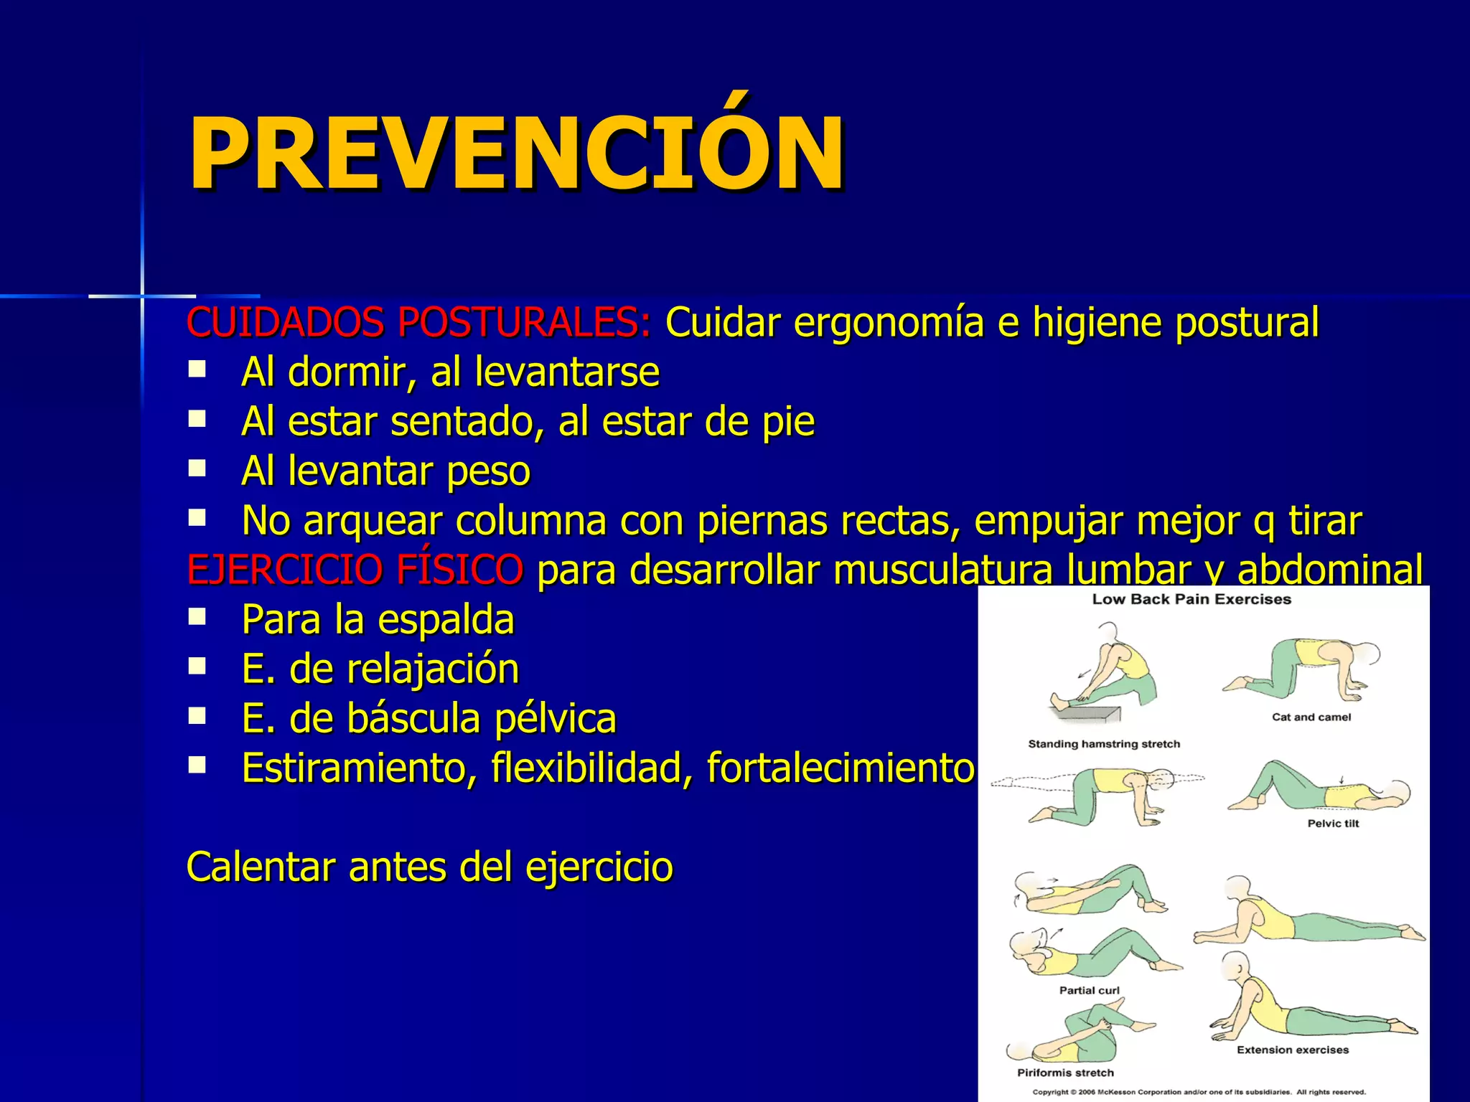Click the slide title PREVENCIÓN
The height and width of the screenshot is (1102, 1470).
[x=515, y=154]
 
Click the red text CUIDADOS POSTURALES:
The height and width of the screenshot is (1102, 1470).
[x=418, y=322]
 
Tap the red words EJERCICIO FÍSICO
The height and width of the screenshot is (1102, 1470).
[x=355, y=570]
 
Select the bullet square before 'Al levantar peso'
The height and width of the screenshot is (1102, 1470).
[x=197, y=469]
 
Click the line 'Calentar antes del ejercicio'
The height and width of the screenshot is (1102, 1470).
[x=429, y=867]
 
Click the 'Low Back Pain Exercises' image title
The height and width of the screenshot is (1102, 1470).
[x=1192, y=600]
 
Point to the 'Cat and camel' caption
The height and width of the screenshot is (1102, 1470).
[x=1311, y=717]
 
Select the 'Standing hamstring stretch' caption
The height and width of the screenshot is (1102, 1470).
[x=1104, y=744]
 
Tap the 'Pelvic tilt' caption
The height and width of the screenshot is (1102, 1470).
[x=1333, y=824]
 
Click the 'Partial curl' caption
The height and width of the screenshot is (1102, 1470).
[x=1089, y=990]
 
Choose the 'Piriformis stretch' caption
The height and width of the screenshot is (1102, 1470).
[x=1065, y=1073]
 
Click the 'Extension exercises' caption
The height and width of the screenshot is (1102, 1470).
[x=1292, y=1050]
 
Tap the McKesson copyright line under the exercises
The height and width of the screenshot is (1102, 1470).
[x=1199, y=1092]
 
